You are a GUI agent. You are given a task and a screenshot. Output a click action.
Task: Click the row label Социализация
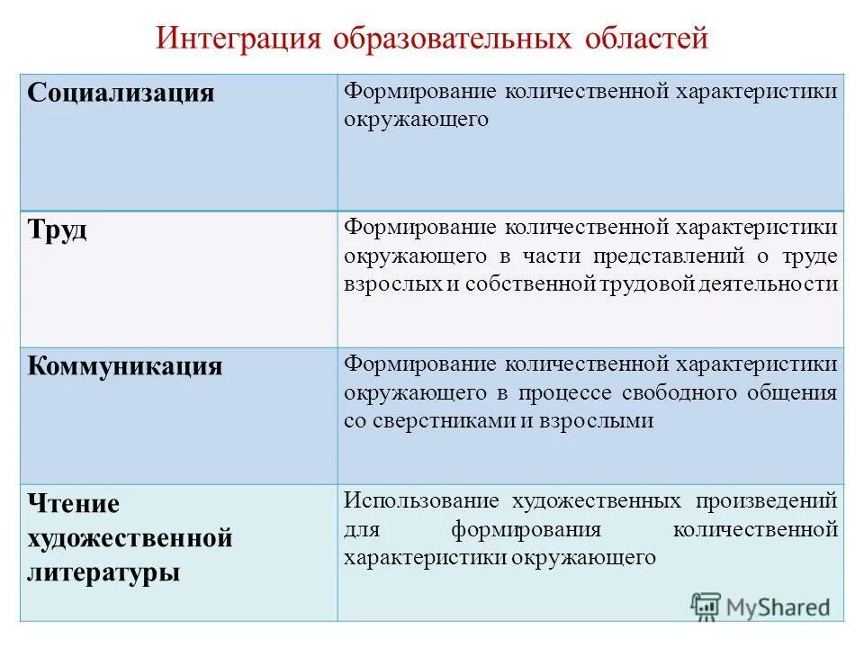pos(121,94)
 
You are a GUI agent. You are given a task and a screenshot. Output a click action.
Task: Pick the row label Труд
pos(58,229)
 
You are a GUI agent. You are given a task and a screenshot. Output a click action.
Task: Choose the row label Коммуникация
pos(125,366)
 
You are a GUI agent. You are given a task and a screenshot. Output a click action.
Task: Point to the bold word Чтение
pos(74,504)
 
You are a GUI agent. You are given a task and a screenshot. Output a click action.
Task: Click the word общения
pos(798,392)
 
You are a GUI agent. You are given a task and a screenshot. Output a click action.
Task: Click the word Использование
pos(421,500)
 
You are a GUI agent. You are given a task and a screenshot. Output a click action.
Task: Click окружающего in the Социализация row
pos(415,120)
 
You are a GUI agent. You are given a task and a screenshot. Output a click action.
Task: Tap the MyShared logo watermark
pos(760,607)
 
